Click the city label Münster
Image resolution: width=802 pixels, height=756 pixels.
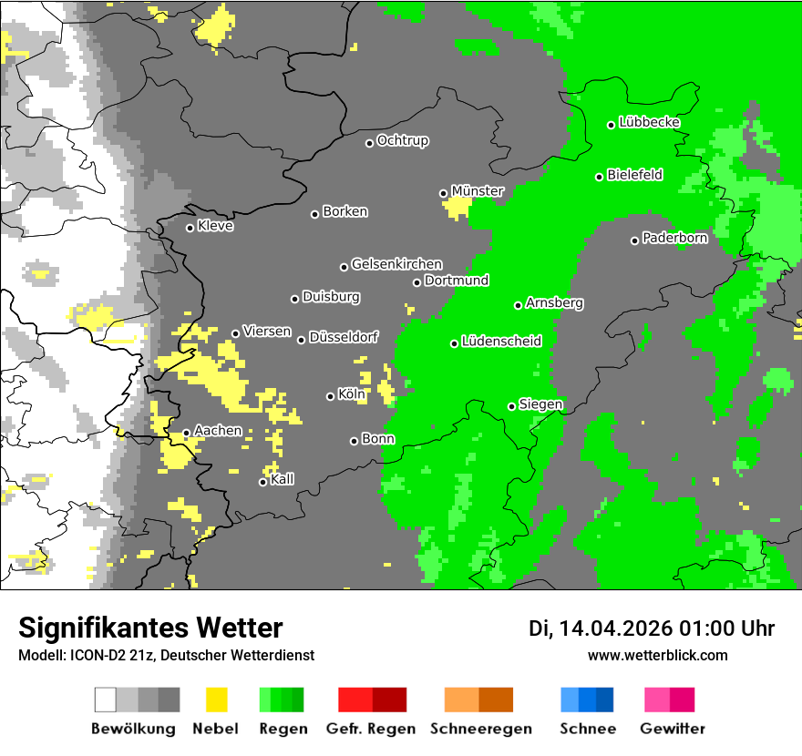pos(477,191)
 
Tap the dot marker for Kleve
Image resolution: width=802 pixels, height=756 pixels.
pos(190,228)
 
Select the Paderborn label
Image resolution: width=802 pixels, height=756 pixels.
pos(674,239)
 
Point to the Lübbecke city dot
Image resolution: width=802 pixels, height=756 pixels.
pos(612,125)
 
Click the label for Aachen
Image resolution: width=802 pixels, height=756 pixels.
pos(218,431)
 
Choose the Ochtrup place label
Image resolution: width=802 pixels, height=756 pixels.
pos(402,141)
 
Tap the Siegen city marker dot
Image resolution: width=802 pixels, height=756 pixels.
pos(511,406)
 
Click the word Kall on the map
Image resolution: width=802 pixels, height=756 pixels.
pos(283,480)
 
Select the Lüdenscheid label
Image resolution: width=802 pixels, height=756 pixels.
pos(501,342)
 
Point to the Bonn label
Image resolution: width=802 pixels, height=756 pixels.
pos(378,439)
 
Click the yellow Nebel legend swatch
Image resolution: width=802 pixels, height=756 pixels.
pos(216,700)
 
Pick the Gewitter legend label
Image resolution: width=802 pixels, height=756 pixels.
pos(672,729)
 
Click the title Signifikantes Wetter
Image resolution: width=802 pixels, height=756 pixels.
pos(150,628)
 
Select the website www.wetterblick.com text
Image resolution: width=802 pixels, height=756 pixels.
pos(657,655)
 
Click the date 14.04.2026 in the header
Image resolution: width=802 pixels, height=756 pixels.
pos(615,628)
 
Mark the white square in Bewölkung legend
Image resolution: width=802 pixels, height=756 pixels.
pos(106,700)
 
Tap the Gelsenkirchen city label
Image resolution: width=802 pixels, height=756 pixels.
pos(396,264)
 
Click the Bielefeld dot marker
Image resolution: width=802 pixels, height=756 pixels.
pos(600,177)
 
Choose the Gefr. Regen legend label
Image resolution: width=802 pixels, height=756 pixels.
pos(371,729)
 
